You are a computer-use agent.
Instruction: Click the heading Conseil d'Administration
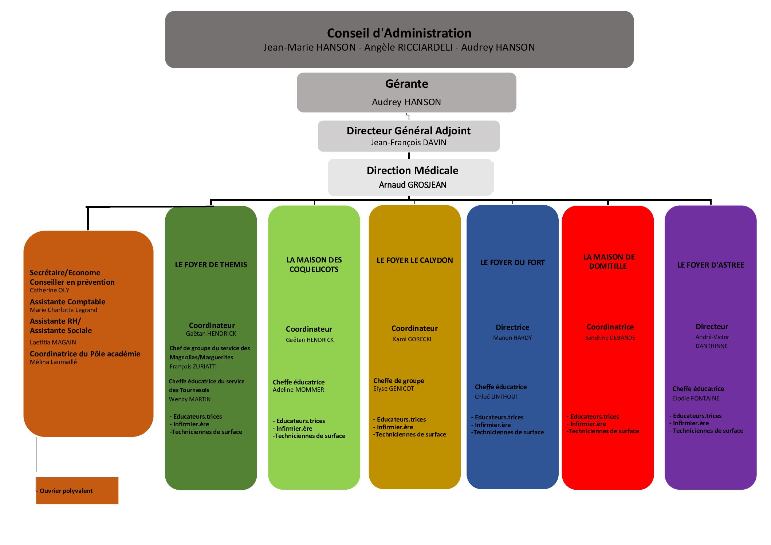pos(399,33)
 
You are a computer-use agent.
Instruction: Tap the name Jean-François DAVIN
pos(408,142)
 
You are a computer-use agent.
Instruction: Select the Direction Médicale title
pos(412,170)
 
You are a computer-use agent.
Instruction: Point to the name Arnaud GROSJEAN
pos(412,185)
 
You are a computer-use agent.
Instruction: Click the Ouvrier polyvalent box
pos(77,491)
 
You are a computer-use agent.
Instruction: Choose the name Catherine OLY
pos(50,290)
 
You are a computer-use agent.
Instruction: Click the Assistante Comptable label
pos(67,302)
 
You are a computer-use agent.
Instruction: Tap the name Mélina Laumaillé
pos(53,362)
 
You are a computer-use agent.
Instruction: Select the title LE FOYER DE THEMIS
pos(211,265)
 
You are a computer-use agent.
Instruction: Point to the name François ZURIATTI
pos(193,366)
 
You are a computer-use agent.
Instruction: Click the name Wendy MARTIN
pos(190,399)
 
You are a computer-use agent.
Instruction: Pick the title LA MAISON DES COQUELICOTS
pos(314,265)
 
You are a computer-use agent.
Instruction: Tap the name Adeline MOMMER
pos(298,390)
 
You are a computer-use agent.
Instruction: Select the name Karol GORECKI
pos(412,339)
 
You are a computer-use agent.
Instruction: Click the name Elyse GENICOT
pos(394,388)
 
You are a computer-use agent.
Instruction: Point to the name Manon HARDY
pos(512,337)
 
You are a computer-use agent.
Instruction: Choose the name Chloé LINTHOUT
pos(496,396)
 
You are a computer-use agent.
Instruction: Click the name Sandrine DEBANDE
pos(610,337)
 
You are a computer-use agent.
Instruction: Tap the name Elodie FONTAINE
pos(696,398)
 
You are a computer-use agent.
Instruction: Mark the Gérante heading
pos(406,84)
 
